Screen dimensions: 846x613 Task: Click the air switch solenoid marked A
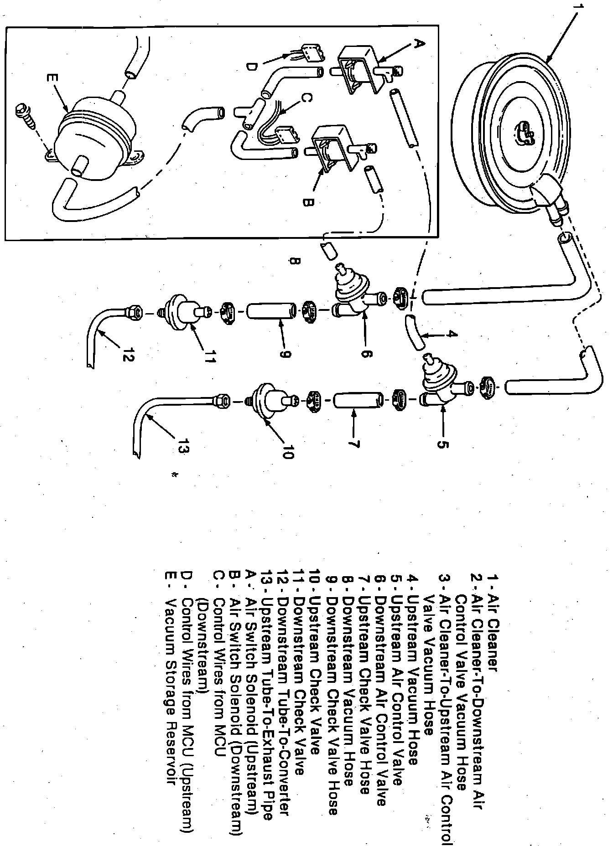click(358, 71)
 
